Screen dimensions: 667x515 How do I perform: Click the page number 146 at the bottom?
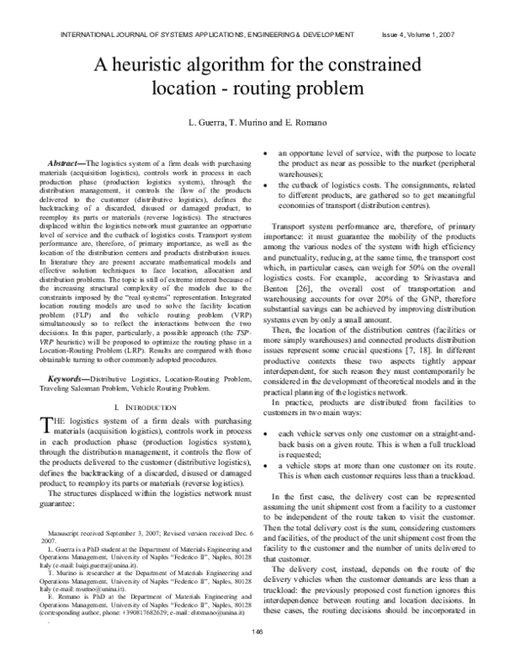[x=257, y=633]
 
